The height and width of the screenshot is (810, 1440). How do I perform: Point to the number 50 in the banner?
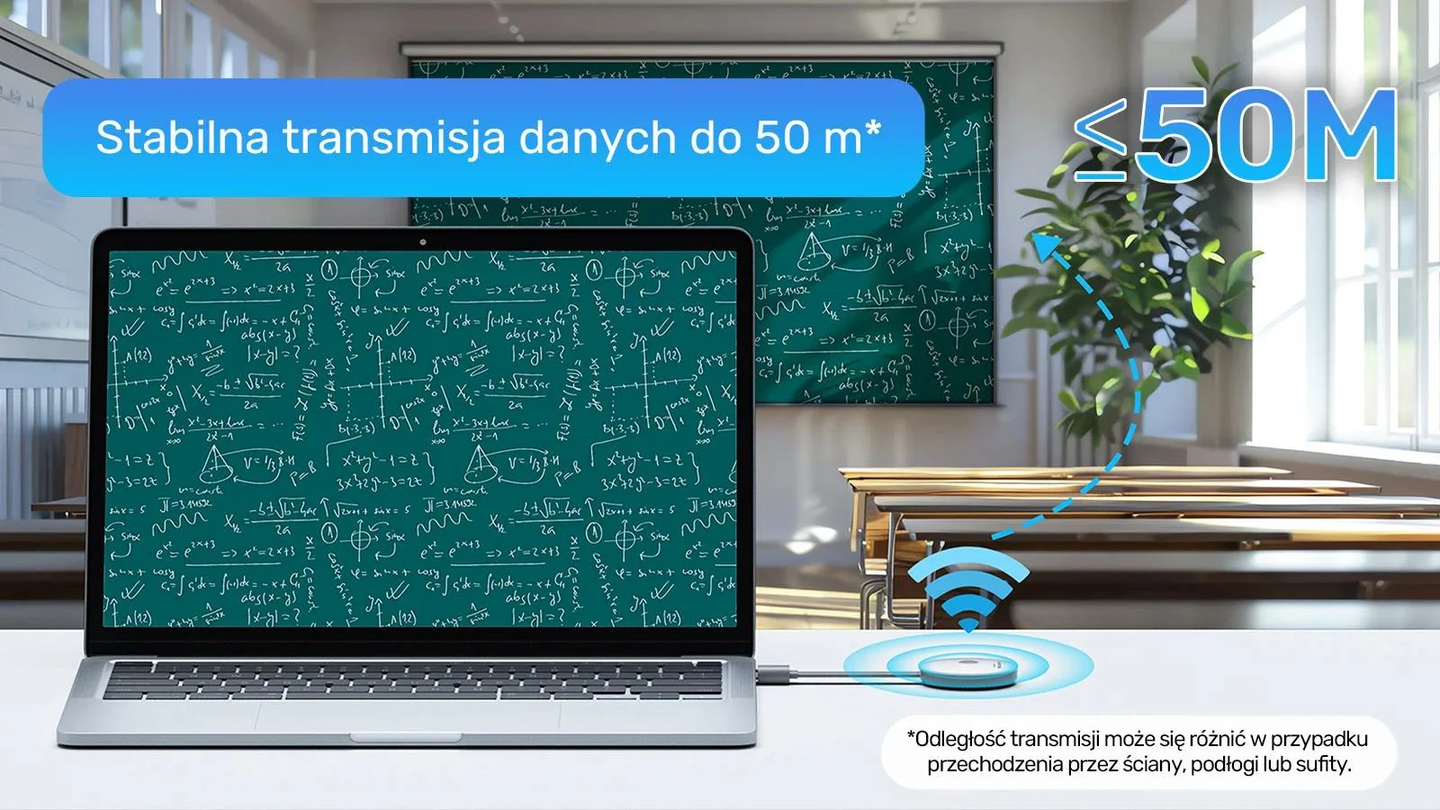[x=775, y=138]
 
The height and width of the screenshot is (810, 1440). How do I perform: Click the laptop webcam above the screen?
[x=422, y=241]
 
